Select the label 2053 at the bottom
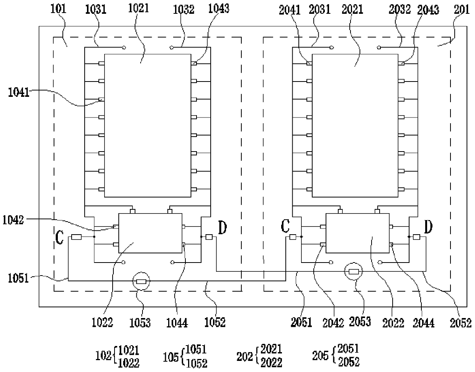[360, 321]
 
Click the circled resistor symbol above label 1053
[141, 282]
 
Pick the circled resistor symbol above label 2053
[354, 272]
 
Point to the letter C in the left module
[59, 237]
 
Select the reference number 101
[59, 9]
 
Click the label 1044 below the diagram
[177, 323]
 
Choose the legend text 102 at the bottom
[103, 356]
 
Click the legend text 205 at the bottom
[320, 356]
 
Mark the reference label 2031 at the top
[320, 10]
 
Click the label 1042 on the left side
[13, 220]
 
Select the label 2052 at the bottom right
[460, 323]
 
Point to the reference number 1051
[18, 278]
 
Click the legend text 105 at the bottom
[170, 357]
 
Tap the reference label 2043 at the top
[428, 10]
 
